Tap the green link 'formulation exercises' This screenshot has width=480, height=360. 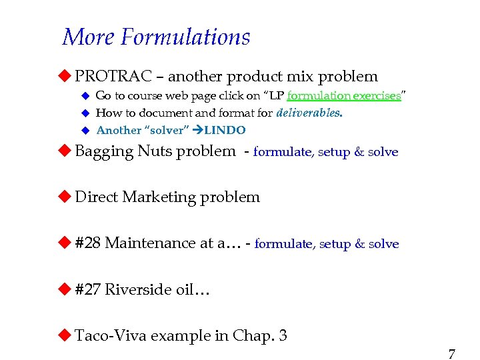[x=343, y=95]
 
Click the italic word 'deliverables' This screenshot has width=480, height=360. [x=307, y=113]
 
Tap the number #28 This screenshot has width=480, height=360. [x=87, y=243]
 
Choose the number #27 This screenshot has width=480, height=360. [x=87, y=289]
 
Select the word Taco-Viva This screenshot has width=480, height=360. [x=111, y=335]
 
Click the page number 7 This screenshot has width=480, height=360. [x=451, y=353]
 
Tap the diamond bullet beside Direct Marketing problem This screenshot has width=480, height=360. [x=65, y=197]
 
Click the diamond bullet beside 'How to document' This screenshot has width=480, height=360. [x=85, y=113]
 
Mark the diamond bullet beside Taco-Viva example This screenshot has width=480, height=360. [x=65, y=335]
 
